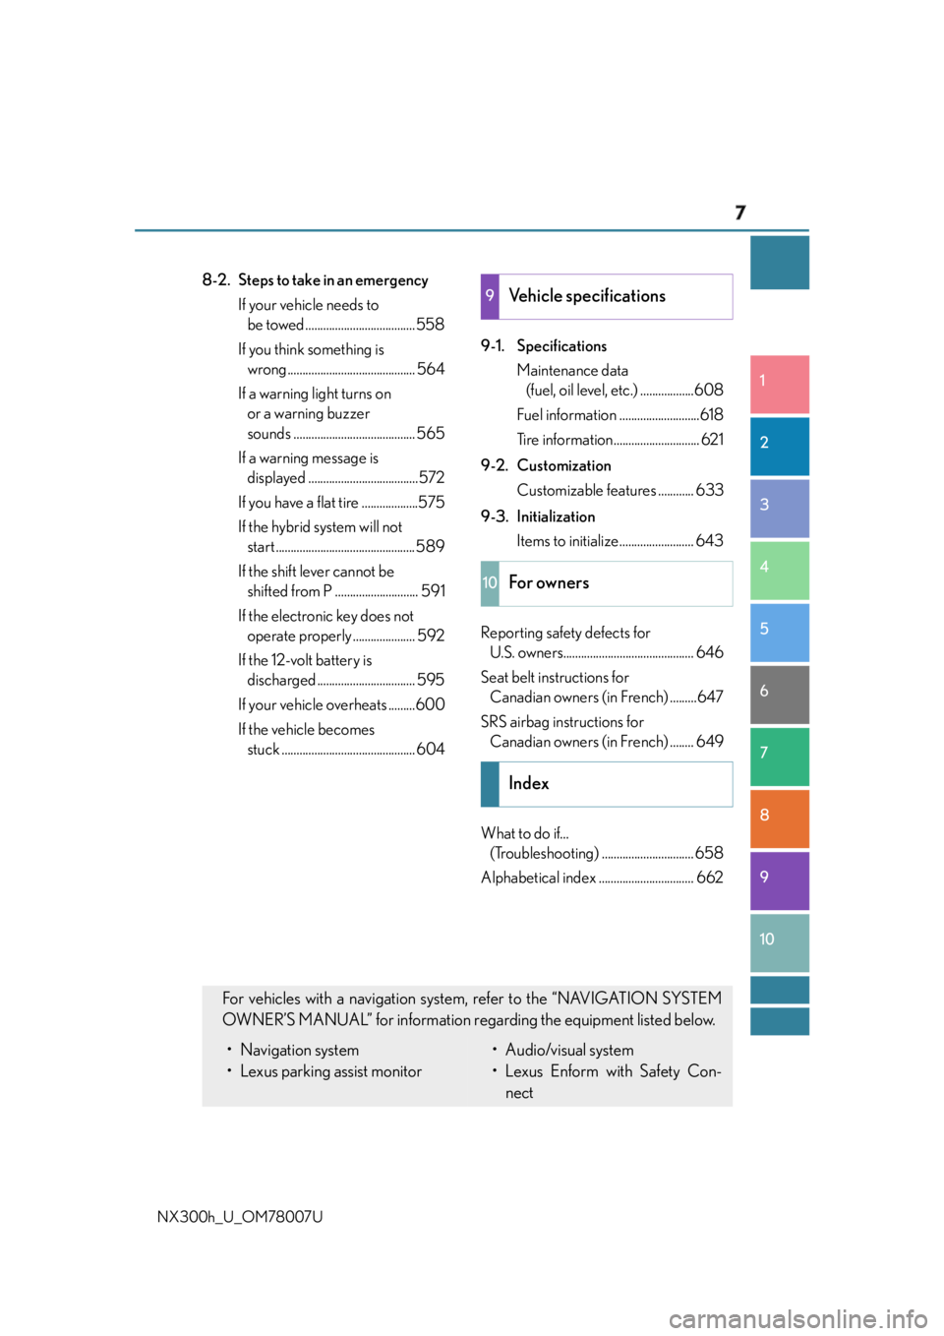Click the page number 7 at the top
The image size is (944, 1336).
click(739, 213)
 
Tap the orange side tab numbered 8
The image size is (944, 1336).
click(779, 819)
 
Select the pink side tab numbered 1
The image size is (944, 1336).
click(779, 384)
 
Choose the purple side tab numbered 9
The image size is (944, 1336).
click(779, 881)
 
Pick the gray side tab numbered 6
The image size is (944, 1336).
click(779, 695)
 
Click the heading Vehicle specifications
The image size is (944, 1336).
click(587, 296)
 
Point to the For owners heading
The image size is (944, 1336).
click(549, 582)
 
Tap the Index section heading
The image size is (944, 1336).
click(529, 783)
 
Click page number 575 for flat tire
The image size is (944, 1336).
click(432, 502)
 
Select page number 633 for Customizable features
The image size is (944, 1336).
click(709, 490)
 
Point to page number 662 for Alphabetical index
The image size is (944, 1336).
click(709, 878)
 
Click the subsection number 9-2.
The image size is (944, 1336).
click(494, 465)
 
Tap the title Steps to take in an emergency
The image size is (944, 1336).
click(333, 280)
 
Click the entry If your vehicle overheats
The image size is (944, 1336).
click(313, 705)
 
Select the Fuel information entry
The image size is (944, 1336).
click(566, 414)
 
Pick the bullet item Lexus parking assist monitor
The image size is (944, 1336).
click(330, 1071)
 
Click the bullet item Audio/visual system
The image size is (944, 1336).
click(569, 1050)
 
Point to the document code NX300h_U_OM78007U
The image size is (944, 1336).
click(240, 1217)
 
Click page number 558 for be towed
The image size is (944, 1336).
click(431, 325)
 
